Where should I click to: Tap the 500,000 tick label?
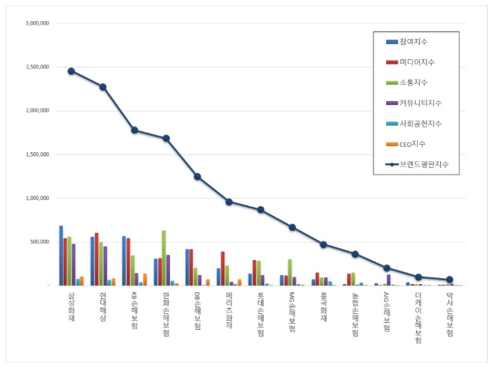click(x=37, y=242)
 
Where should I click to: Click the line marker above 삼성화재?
click(x=71, y=71)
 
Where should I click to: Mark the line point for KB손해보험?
click(x=135, y=130)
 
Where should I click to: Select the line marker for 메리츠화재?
click(x=229, y=202)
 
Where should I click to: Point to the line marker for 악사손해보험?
click(x=450, y=280)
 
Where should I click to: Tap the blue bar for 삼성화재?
click(x=61, y=255)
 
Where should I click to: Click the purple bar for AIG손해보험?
click(x=388, y=280)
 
